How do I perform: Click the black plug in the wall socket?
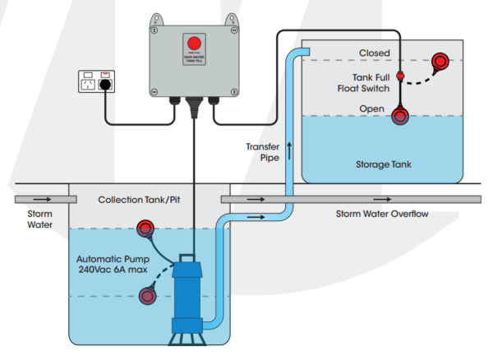[x=105, y=84]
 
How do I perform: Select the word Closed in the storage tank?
[x=374, y=53]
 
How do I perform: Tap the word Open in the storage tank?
[x=372, y=108]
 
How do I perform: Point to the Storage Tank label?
[x=384, y=164]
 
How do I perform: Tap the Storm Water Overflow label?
[x=382, y=215]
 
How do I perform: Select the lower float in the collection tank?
[x=149, y=294]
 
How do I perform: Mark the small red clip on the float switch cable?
[x=401, y=76]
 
